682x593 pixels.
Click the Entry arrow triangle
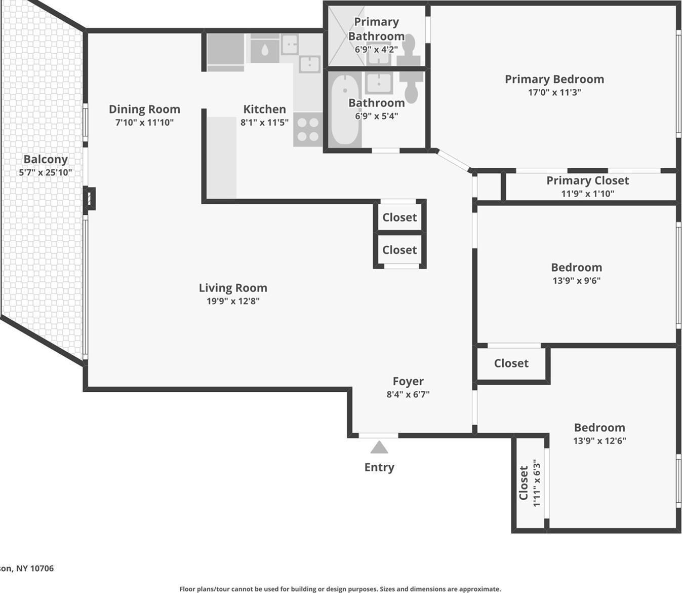tap(379, 448)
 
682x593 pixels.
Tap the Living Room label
tap(233, 288)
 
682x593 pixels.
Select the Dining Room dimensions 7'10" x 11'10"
tap(144, 122)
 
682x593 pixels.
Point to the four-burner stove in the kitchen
tap(308, 129)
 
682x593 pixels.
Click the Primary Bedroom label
tap(554, 79)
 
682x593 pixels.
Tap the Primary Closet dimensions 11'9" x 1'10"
tap(587, 193)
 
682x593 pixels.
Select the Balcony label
tap(46, 159)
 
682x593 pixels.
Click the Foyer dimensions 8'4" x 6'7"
tap(408, 394)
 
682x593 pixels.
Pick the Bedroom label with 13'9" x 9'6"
tap(576, 267)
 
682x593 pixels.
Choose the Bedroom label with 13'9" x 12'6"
tap(599, 427)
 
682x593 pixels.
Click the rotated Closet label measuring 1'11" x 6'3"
tap(524, 483)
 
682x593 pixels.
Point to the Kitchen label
tap(264, 109)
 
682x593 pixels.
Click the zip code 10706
tap(42, 568)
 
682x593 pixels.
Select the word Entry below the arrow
tap(379, 467)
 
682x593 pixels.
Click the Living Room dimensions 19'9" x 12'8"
tap(233, 301)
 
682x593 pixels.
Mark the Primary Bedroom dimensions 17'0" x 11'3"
tap(554, 92)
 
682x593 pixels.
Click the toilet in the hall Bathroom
tap(412, 86)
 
